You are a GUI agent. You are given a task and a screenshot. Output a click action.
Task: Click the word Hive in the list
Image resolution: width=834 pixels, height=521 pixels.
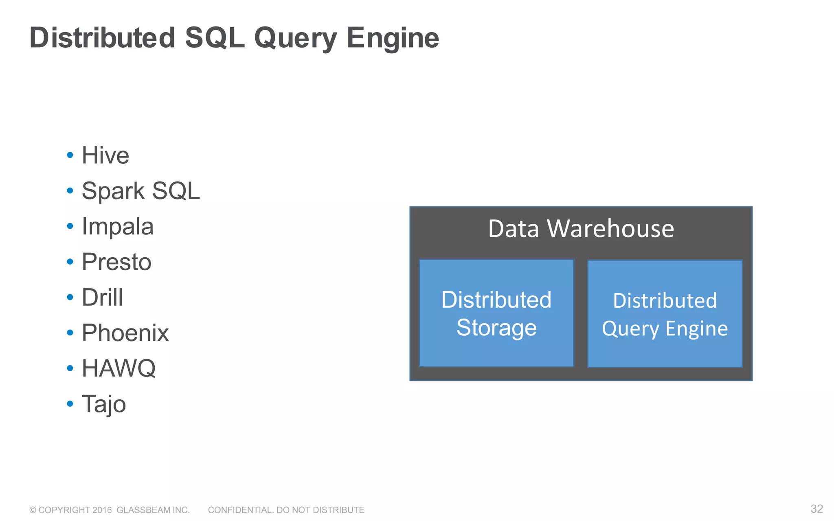105,155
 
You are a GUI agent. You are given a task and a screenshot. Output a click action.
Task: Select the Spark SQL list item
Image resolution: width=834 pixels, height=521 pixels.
141,191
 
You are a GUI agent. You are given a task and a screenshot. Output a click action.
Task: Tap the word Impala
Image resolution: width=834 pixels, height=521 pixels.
118,226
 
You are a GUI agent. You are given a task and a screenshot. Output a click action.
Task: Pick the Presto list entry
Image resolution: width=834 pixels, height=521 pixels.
116,262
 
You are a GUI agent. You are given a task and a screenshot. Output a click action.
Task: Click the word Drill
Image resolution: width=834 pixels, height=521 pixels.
102,297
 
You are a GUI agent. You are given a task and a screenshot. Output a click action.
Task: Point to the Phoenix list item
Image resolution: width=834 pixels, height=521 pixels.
125,333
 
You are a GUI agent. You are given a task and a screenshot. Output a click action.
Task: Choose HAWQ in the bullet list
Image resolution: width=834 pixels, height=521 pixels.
119,368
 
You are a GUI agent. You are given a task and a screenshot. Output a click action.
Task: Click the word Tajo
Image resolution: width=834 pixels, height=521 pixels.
104,404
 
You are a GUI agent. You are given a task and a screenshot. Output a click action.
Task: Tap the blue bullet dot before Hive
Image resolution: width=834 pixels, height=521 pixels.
70,155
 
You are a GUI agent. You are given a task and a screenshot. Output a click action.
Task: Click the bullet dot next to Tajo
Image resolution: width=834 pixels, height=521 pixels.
70,404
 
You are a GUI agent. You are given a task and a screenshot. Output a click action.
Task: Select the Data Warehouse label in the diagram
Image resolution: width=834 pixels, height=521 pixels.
581,229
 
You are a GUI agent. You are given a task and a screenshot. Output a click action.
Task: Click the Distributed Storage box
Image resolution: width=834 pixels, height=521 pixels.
496,313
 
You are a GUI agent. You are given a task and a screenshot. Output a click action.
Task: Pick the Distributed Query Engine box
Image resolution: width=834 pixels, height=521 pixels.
665,314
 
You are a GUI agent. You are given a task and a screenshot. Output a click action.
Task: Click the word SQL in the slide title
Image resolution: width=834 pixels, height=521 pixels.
215,38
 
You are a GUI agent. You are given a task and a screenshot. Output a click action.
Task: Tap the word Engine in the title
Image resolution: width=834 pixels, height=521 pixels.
393,38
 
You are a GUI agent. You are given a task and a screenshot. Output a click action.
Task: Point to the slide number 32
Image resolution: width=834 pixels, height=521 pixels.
816,509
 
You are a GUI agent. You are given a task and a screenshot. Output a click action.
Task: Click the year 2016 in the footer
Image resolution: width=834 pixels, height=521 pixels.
102,510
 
